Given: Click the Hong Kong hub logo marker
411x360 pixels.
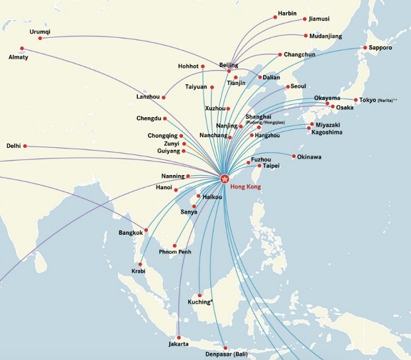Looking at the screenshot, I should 224,178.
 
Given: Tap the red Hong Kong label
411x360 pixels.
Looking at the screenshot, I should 245,187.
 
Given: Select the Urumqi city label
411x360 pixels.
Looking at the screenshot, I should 40,31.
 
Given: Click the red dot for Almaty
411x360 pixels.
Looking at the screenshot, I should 22,48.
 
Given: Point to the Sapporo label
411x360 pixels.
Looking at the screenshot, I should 381,48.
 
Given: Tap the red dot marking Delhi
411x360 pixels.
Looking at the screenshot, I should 25,146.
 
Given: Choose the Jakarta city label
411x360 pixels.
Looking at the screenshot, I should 179,343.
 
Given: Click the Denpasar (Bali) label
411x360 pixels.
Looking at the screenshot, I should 226,355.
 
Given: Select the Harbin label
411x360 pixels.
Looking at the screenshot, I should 287,13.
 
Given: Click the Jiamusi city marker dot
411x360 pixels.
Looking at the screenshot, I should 304,19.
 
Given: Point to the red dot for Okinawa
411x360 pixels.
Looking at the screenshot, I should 294,156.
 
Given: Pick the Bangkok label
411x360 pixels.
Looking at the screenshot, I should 131,233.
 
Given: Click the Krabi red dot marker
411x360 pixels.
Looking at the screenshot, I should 140,264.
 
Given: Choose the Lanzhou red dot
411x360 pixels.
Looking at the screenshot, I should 163,97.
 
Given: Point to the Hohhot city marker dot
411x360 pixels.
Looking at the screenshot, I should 203,66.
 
